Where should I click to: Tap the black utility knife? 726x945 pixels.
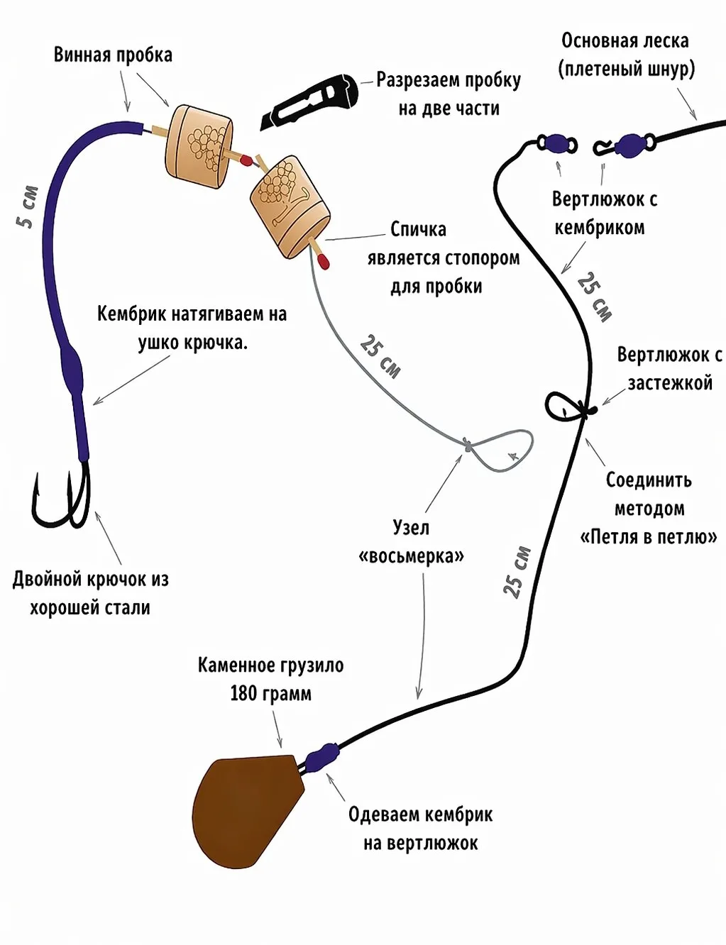point(309,101)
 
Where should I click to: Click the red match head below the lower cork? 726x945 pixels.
point(324,262)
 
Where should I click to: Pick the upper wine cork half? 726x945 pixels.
point(199,147)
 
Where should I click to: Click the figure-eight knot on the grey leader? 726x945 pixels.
point(467,445)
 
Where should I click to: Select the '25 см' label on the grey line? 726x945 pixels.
point(380,357)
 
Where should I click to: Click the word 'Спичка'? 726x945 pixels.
point(418,230)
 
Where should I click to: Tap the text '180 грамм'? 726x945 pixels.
point(270,694)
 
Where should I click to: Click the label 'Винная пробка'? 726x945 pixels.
point(113,55)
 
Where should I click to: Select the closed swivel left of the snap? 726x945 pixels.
point(557,143)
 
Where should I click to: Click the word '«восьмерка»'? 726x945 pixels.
point(411,556)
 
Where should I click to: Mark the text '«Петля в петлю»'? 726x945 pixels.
point(649,538)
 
